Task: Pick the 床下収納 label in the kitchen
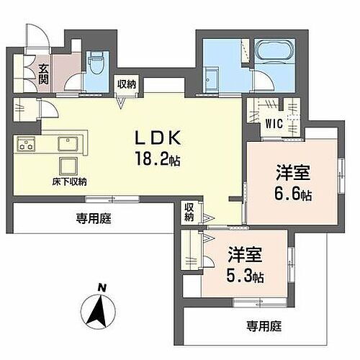tap(69, 181)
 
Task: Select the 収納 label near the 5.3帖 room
tap(189, 212)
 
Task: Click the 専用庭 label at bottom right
tap(261, 325)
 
